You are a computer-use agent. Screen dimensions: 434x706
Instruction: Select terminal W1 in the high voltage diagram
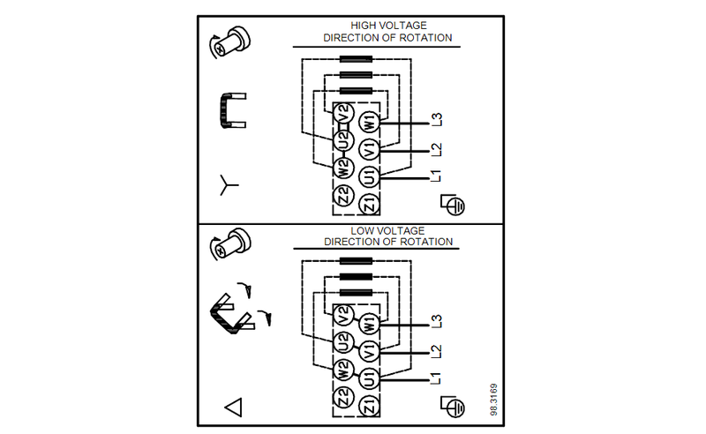pyautogui.click(x=370, y=120)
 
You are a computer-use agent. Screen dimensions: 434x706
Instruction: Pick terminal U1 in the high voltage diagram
pyautogui.click(x=370, y=176)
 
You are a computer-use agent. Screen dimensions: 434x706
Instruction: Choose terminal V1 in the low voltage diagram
pyautogui.click(x=370, y=348)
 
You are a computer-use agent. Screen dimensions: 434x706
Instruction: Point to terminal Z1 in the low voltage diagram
pyautogui.click(x=370, y=405)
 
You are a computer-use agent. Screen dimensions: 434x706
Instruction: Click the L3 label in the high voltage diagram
pyautogui.click(x=435, y=120)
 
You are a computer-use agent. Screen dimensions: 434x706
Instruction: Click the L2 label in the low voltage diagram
pyautogui.click(x=435, y=349)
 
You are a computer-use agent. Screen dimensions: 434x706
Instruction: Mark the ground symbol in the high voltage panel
pyautogui.click(x=453, y=203)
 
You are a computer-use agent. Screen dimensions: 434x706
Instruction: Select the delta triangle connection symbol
pyautogui.click(x=234, y=408)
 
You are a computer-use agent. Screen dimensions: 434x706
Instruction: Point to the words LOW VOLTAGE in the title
pyautogui.click(x=387, y=230)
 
